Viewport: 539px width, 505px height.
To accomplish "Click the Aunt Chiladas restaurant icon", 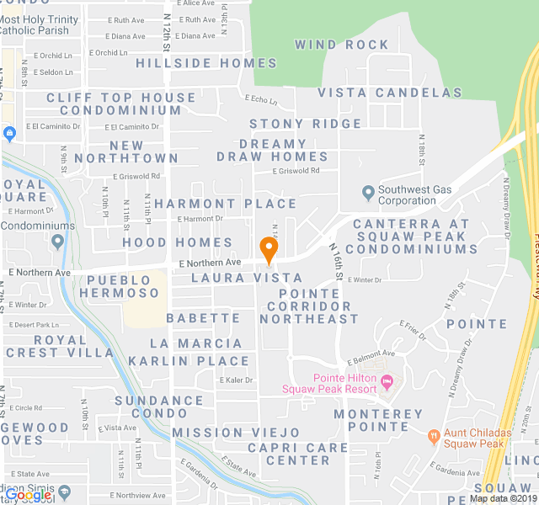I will point(434,437).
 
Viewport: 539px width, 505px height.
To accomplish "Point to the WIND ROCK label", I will point(342,45).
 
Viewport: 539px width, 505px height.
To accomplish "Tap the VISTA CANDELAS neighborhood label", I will point(389,93).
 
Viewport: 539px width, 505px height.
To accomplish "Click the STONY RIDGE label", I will point(305,124).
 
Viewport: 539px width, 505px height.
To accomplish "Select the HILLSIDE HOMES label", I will point(206,63).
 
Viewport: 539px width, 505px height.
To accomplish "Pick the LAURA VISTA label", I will point(246,278).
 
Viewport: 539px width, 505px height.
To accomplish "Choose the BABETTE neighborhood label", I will point(203,318).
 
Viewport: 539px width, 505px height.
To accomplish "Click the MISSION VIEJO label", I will point(224,433).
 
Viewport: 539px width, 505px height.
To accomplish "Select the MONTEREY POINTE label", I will point(378,421).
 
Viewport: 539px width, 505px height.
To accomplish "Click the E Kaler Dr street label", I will point(236,380).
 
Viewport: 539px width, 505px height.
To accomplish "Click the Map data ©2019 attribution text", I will point(502,498).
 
